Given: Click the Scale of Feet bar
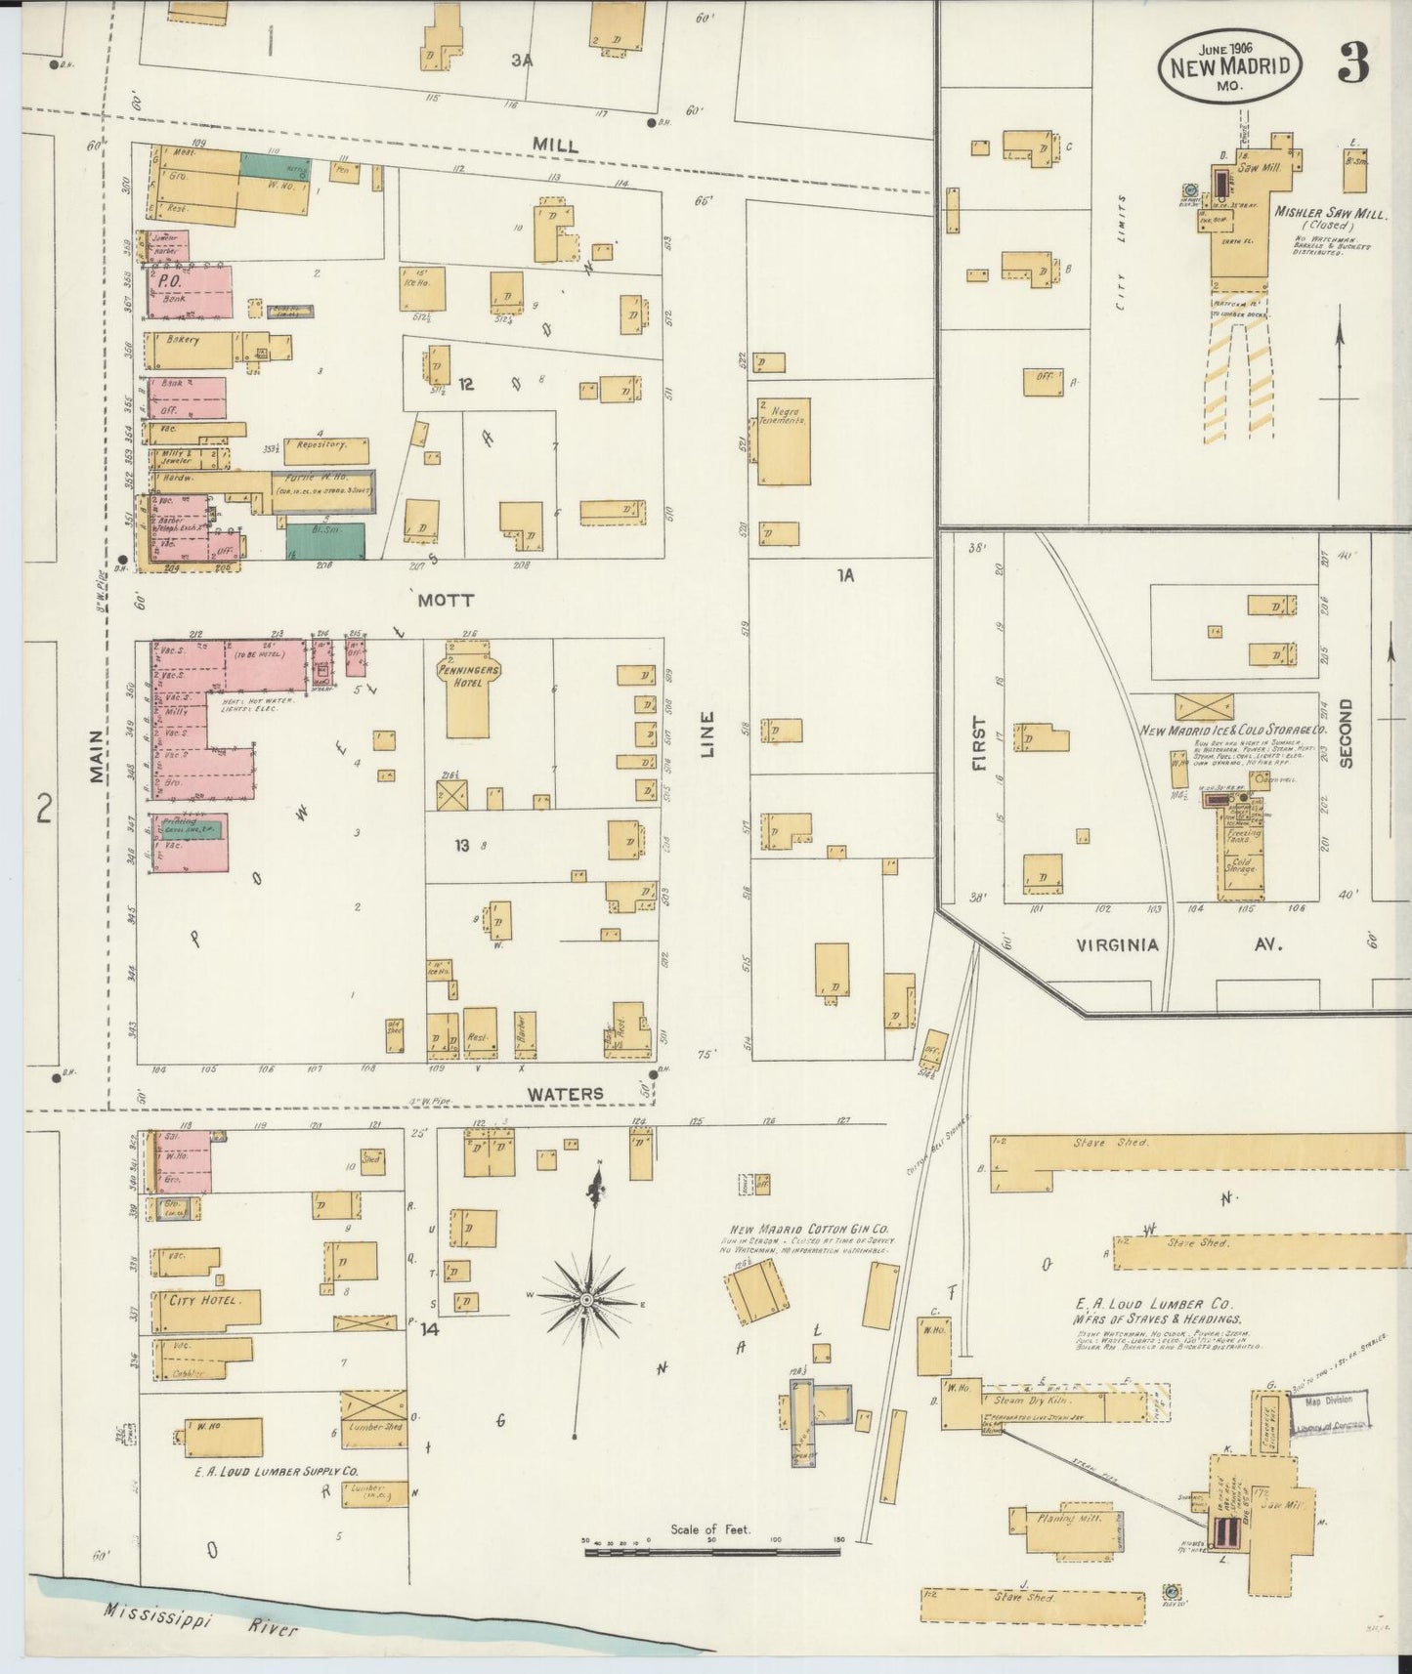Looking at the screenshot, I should [x=711, y=1550].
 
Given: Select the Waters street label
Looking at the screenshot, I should [x=565, y=1093].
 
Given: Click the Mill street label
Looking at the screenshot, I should [x=555, y=144].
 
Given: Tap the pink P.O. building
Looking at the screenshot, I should [x=191, y=293].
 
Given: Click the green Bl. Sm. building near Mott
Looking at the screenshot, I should [x=325, y=541].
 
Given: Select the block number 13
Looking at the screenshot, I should [x=462, y=845].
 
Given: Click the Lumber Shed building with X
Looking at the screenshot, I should [x=373, y=1406].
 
